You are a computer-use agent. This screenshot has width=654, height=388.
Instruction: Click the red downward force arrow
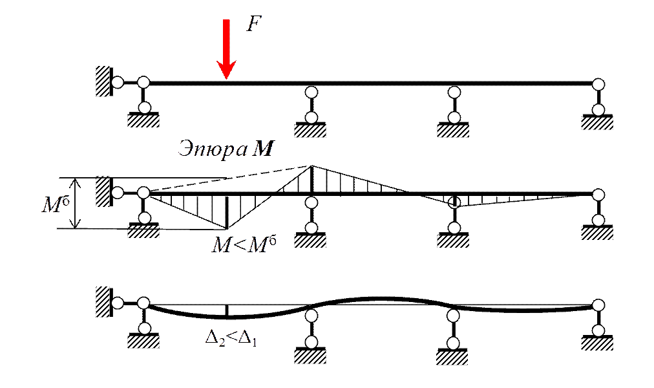226,48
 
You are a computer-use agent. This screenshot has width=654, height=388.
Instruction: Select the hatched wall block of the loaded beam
103,81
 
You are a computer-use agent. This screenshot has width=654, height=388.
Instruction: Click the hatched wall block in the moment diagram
103,192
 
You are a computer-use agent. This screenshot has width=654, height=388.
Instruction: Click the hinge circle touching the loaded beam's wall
117,83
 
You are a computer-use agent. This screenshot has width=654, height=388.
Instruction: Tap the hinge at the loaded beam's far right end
598,85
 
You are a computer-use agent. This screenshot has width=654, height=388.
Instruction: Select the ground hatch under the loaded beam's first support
143,120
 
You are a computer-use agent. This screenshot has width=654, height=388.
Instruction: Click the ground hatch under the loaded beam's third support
453,131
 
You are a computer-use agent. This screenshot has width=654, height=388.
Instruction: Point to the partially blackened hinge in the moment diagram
454,202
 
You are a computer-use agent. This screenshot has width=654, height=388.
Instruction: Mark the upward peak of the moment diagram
311,167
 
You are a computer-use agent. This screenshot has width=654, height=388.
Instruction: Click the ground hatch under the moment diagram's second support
310,241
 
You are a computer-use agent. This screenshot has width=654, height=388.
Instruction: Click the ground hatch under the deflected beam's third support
453,357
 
